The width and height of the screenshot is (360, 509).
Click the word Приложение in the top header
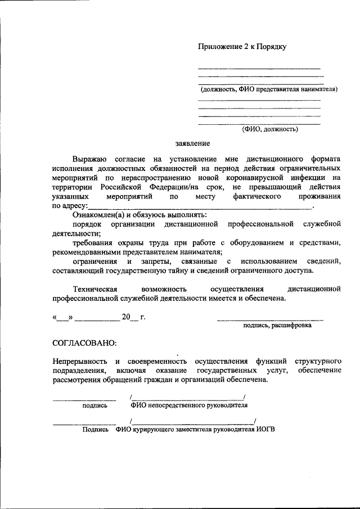(x=219, y=47)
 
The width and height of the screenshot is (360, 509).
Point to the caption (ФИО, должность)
(x=270, y=129)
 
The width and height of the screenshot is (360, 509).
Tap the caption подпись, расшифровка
(x=277, y=325)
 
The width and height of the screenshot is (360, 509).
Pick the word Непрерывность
(x=79, y=361)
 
